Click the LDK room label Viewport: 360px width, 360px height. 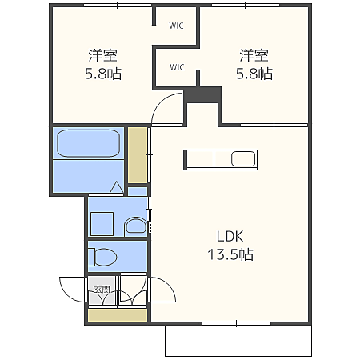230,236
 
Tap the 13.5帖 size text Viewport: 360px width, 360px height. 230,254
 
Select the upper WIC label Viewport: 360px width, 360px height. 176,26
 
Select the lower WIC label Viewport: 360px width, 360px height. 177,67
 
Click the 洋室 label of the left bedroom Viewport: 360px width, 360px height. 103,55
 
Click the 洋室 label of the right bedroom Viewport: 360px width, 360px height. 254,55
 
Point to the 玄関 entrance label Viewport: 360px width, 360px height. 102,290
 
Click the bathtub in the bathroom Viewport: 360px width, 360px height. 89,143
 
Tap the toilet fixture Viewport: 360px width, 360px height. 102,257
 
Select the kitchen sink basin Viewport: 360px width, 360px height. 243,159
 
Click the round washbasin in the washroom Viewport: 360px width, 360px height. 136,226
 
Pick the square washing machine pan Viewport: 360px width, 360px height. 102,224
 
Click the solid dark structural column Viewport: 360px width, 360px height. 203,94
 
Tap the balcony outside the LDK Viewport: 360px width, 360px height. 238,341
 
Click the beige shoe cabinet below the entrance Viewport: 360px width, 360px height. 118,315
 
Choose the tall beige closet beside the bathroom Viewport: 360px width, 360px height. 138,155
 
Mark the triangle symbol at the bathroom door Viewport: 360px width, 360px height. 117,187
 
